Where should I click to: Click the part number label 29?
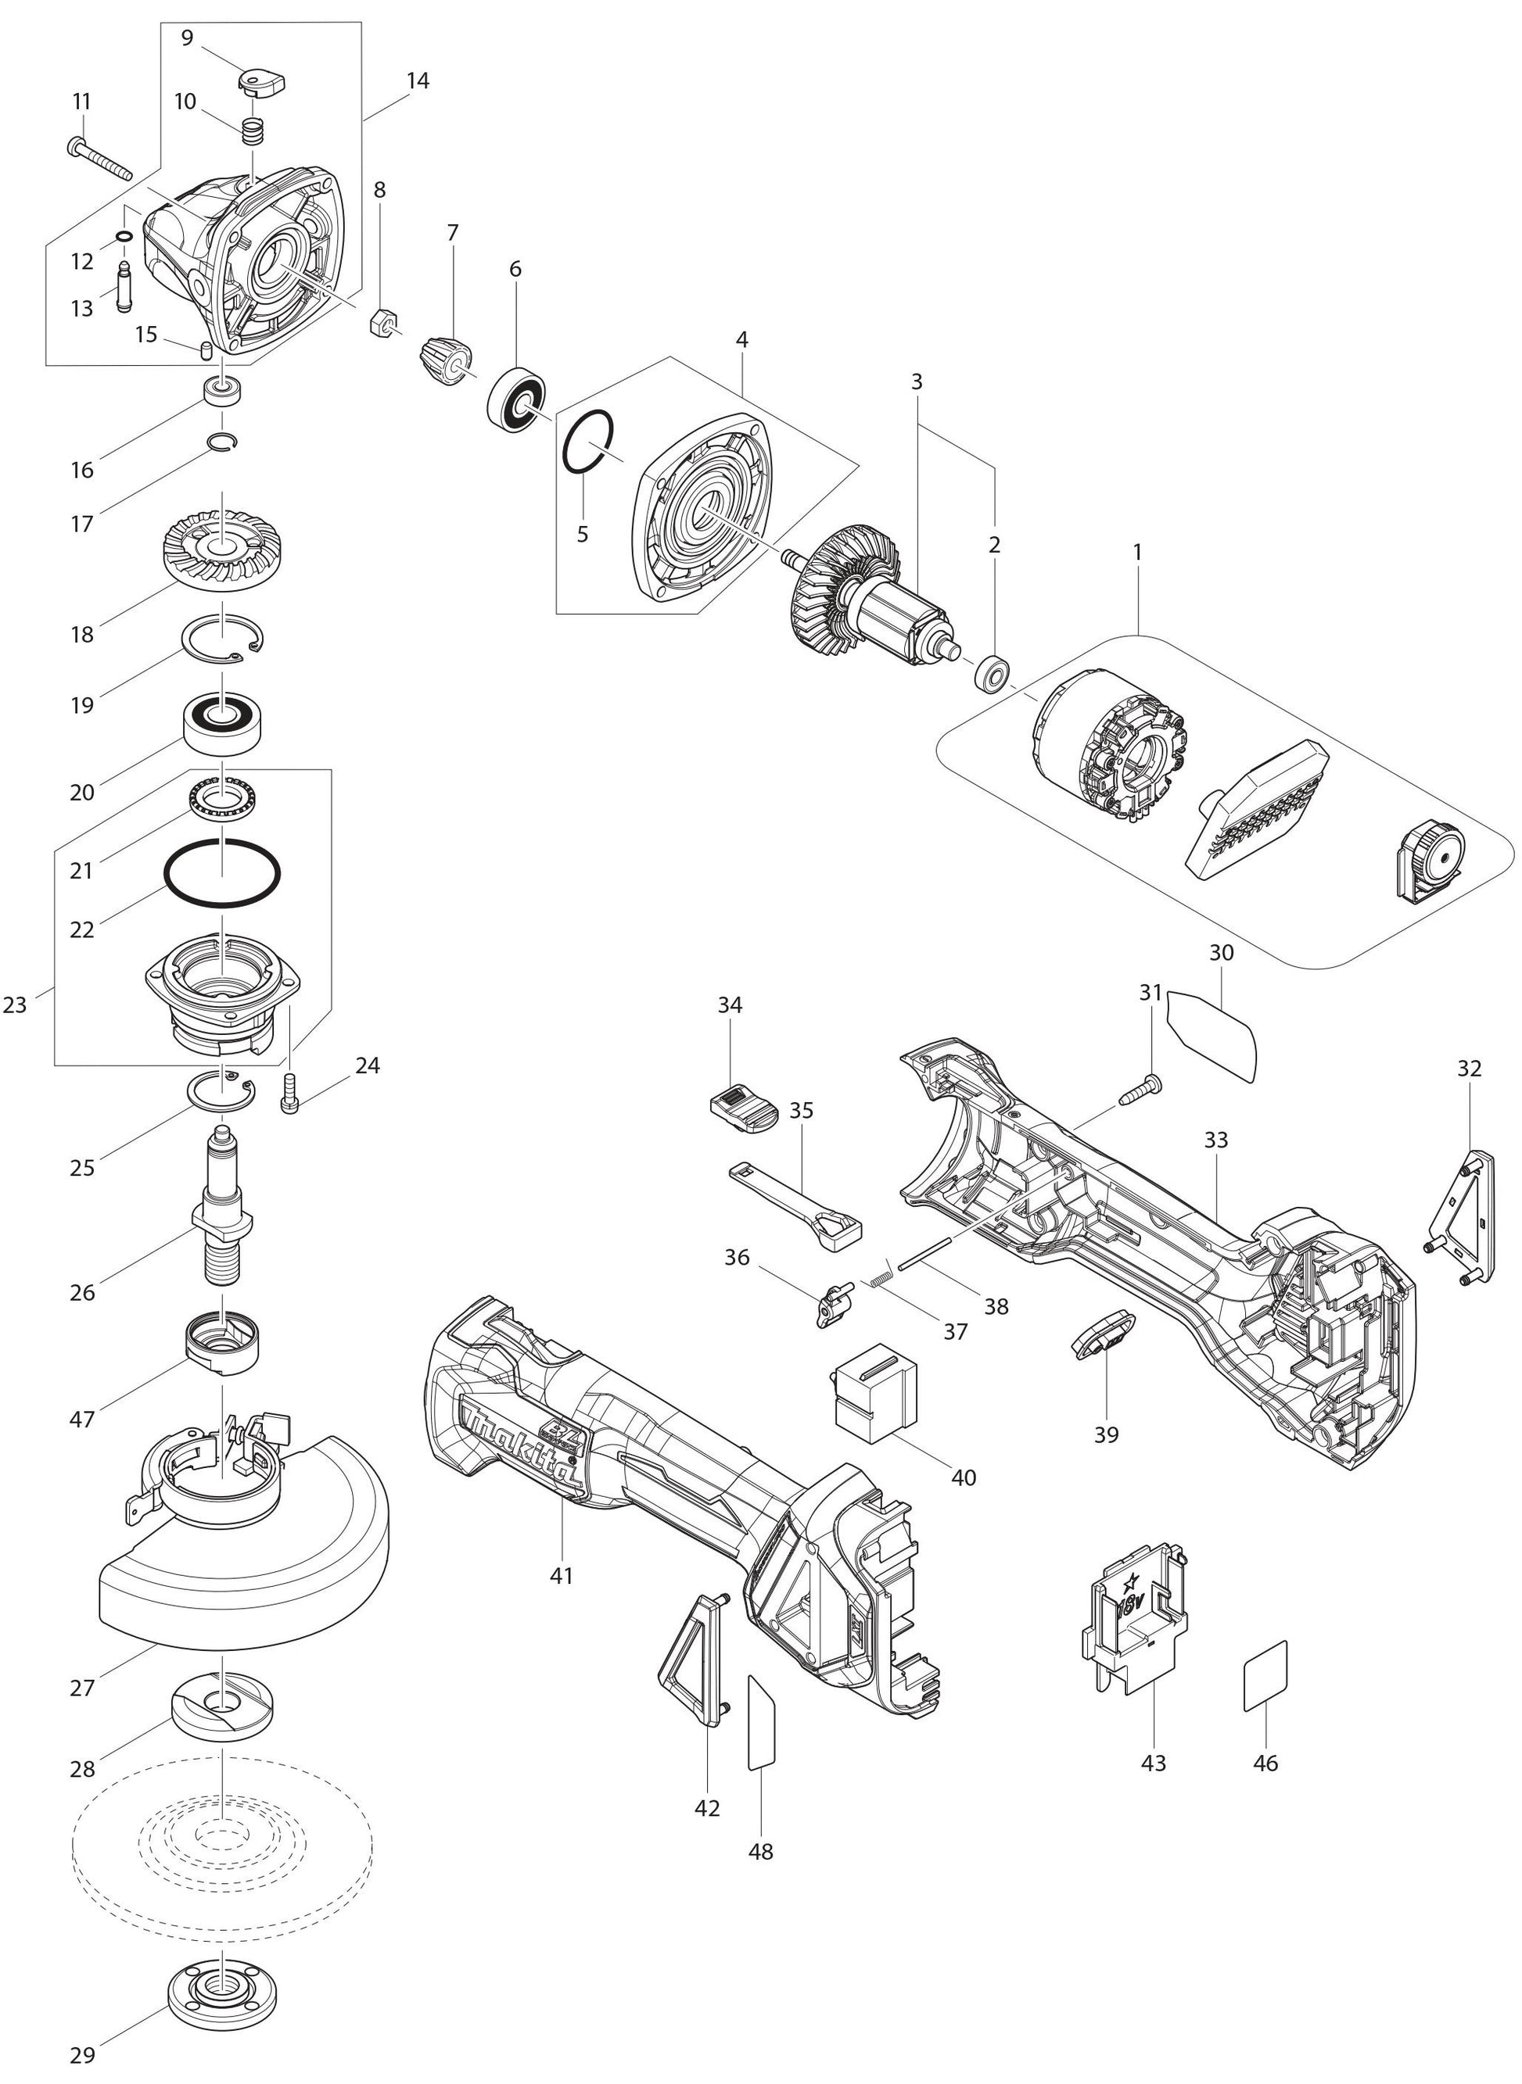pos(82,2054)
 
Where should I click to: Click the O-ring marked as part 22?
pos(222,873)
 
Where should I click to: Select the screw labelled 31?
pos(1143,1090)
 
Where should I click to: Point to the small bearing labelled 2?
pos(993,675)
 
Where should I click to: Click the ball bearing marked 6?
pos(517,399)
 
